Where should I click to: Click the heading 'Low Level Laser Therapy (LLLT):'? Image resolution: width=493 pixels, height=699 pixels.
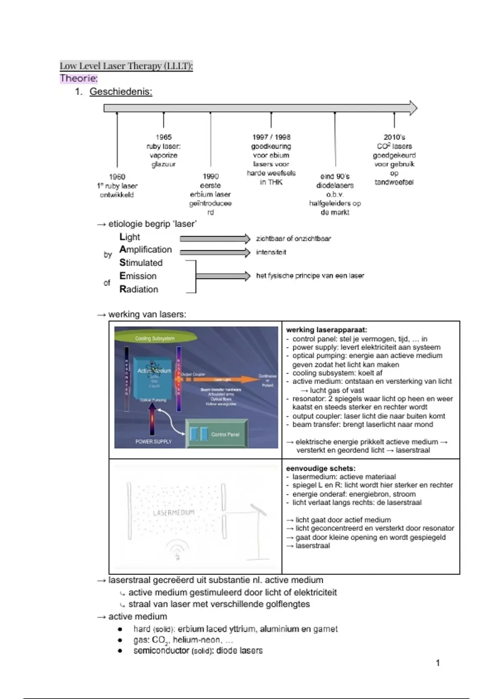coord(126,66)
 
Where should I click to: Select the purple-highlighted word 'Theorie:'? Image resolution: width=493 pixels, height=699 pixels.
coord(78,79)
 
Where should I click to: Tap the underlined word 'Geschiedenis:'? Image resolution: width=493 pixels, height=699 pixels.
coord(121,92)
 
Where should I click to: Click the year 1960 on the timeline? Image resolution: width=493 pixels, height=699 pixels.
coord(117,177)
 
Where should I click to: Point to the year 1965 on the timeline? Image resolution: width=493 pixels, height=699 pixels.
coord(164,137)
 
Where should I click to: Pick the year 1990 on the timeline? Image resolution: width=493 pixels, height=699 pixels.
coord(210,176)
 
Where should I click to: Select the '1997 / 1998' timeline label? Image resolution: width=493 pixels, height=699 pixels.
coord(271,137)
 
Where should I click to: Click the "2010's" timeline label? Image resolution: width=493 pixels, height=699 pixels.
coord(394,137)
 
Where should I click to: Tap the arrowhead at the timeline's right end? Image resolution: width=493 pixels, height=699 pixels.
coord(413,108)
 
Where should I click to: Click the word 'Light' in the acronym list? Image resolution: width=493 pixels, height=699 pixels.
coord(130,237)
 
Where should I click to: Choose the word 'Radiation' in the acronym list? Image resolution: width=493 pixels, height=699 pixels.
coord(139,289)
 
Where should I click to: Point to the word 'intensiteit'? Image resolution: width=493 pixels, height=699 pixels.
coord(271,252)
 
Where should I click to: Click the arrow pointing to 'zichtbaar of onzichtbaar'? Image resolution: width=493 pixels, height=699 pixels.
coord(215,238)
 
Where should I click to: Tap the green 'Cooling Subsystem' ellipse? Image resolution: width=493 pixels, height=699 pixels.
coord(155,338)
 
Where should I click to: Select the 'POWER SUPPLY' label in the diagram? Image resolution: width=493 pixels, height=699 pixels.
coord(154,441)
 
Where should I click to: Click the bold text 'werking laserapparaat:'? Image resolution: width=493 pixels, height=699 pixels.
coord(327,330)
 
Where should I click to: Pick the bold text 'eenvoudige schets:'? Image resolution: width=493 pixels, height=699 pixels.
coord(321,468)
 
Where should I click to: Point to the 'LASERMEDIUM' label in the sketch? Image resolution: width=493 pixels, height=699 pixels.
coord(173,513)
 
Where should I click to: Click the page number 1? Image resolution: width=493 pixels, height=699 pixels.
coord(438,663)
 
